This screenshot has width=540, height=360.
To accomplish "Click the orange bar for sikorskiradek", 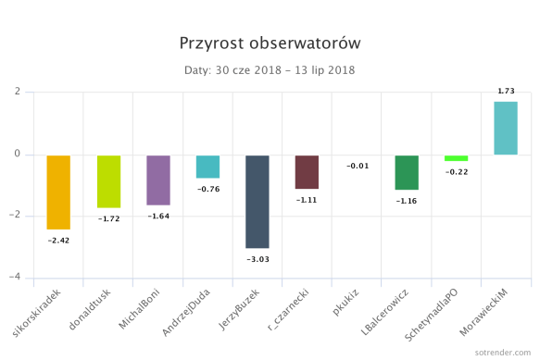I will (58, 192).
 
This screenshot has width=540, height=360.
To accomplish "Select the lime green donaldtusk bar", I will (108, 181).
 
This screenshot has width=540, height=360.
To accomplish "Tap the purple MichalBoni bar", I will (158, 180).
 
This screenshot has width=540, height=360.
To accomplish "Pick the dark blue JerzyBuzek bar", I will (257, 201).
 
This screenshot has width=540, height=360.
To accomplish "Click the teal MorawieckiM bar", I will (506, 128).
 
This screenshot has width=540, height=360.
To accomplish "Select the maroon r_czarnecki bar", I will (307, 172).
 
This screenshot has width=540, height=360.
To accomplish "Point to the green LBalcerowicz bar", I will (407, 172).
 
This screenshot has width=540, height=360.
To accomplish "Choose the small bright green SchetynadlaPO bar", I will (456, 158).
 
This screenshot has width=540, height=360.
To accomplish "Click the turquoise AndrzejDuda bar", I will (207, 167).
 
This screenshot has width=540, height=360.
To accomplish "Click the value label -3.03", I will (257, 260).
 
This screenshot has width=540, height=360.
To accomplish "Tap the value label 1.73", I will (507, 91).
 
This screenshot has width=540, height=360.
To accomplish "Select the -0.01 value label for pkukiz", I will (357, 166).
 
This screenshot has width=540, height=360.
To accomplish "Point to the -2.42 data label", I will (58, 241).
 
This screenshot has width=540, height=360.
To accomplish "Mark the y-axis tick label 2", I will (18, 92).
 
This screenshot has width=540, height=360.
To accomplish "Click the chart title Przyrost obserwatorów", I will (270, 43).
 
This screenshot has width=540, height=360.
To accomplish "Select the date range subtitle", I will (270, 69).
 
